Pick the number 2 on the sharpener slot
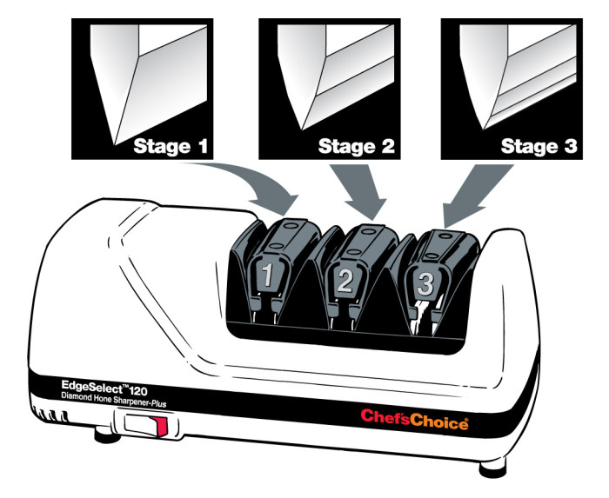[x=345, y=281]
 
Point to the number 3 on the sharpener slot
[x=425, y=283]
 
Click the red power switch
[x=157, y=426]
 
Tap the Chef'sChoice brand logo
[x=414, y=422]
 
